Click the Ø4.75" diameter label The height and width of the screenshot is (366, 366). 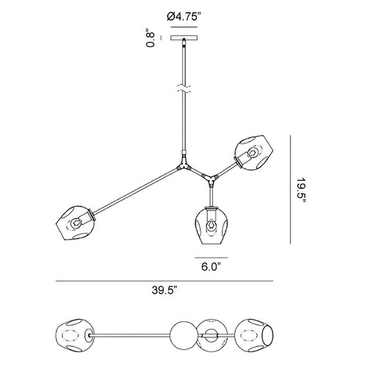184,17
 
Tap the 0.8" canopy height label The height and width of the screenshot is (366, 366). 150,38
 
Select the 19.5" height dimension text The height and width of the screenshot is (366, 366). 301,190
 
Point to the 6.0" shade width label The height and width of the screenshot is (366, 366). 211,266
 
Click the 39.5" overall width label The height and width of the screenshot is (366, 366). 164,291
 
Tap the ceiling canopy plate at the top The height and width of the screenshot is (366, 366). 184,38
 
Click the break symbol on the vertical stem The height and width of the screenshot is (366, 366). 184,89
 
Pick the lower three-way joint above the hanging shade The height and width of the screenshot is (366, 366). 209,179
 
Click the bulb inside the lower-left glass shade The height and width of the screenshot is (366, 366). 75,223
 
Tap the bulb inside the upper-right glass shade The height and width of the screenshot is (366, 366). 253,153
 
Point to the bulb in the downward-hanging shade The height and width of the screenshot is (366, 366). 211,225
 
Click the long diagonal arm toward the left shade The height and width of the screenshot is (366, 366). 135,192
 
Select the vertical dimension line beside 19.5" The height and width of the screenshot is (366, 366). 291,190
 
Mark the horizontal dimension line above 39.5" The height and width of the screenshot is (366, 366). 164,281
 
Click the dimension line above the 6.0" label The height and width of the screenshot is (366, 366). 211,258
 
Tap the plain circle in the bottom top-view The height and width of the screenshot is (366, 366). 183,335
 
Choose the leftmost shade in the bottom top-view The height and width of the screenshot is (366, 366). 75,335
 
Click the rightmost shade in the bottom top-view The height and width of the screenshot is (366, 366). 254,335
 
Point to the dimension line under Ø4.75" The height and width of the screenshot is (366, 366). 184,27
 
